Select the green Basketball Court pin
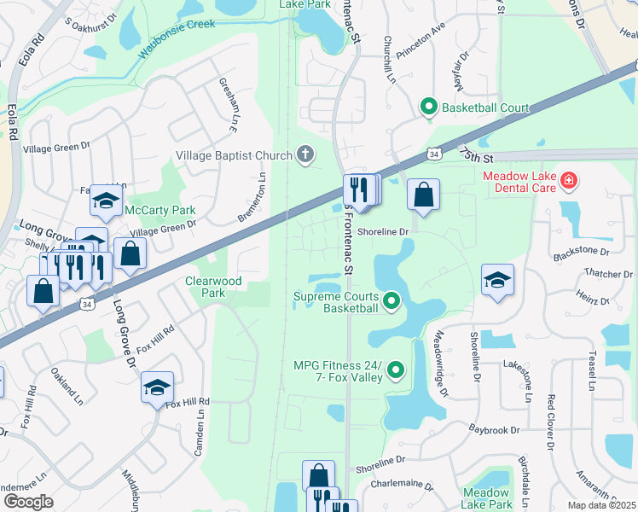[429, 108]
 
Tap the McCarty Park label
[160, 210]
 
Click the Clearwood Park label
[214, 287]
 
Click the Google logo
[28, 501]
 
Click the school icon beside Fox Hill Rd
[157, 387]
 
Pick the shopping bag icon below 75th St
[423, 195]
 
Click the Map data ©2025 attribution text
[601, 505]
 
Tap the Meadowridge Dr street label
[440, 364]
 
